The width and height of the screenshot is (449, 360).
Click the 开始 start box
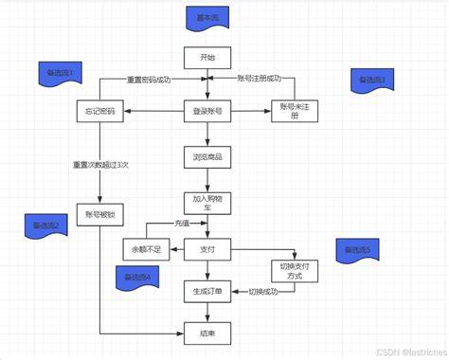tap(207, 59)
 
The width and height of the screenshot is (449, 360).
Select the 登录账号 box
tap(207, 112)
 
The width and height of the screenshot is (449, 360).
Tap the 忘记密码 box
tap(99, 112)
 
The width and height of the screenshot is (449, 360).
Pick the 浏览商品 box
tap(207, 156)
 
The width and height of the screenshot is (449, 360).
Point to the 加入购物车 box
tap(207, 205)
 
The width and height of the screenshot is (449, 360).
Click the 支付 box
tap(207, 249)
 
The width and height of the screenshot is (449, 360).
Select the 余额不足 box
tap(146, 249)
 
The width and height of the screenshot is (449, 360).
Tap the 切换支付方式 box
tap(295, 271)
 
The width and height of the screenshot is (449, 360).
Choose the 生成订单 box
tap(207, 292)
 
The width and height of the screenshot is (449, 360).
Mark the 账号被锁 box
tap(99, 214)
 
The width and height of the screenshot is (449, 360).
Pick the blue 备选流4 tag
tap(135, 277)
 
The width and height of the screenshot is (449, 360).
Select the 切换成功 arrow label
tap(262, 292)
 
